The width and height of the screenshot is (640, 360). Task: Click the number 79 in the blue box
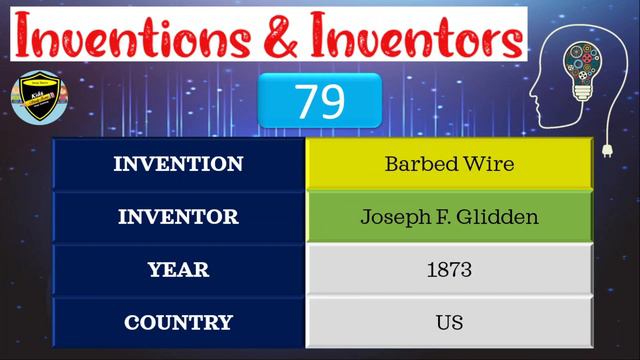click(319, 101)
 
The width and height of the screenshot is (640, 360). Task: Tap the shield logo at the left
click(38, 98)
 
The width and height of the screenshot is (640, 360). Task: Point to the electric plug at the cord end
click(607, 151)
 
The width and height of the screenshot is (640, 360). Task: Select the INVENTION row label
click(178, 164)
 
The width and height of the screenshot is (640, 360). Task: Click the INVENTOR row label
click(178, 216)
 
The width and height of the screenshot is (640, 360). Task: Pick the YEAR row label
click(178, 269)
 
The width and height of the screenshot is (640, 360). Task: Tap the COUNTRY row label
click(178, 322)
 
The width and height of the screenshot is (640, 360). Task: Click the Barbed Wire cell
click(449, 164)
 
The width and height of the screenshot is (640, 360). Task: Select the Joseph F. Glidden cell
click(449, 216)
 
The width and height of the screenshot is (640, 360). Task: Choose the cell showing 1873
click(449, 269)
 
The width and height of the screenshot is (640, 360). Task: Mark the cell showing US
click(449, 322)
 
